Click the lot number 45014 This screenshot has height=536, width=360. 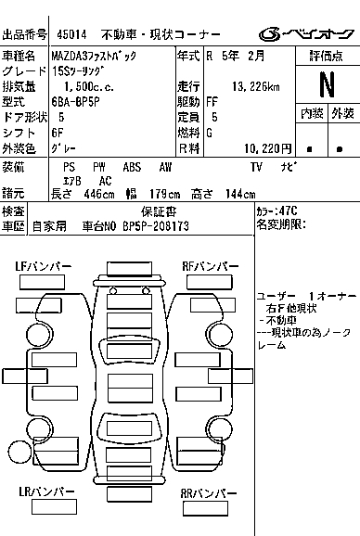71,34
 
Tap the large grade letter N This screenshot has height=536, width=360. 327,84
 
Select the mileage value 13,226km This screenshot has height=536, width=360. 256,87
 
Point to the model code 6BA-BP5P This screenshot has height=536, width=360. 75,102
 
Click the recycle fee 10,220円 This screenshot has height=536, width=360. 268,148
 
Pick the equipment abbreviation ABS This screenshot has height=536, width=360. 132,167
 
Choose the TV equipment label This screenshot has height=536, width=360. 256,167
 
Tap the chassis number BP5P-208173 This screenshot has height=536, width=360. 156,226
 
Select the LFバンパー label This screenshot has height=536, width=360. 44,266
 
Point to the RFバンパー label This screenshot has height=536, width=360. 211,266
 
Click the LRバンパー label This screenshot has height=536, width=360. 46,491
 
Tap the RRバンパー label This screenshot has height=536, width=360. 208,493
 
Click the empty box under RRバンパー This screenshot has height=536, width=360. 205,509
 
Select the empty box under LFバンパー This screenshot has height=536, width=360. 42,282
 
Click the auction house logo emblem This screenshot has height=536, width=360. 270,34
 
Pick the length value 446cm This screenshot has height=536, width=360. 99,195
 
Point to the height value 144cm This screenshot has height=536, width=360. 240,195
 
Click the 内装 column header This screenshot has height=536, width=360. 312,113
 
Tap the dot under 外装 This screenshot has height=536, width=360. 340,149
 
